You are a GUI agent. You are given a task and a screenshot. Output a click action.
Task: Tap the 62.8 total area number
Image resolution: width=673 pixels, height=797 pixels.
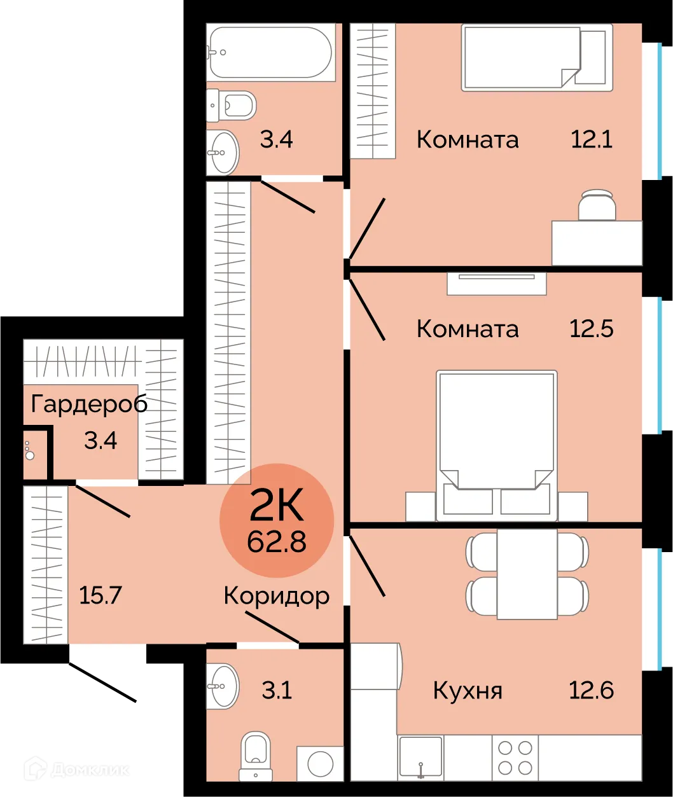click(277, 542)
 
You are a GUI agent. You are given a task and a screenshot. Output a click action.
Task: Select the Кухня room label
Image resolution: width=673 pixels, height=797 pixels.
click(468, 690)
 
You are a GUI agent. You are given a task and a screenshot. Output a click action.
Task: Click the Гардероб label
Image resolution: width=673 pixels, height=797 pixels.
click(89, 404)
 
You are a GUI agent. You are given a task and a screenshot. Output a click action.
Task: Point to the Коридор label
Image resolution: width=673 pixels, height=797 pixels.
click(277, 596)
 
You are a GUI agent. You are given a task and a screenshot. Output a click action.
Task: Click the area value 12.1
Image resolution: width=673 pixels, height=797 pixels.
click(592, 139)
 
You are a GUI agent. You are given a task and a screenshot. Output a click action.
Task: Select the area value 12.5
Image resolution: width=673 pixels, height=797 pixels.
click(592, 329)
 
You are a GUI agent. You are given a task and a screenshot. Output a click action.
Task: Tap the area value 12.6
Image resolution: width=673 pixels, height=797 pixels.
click(592, 690)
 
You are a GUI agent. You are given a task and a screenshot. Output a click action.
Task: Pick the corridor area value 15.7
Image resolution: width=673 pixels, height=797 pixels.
click(101, 596)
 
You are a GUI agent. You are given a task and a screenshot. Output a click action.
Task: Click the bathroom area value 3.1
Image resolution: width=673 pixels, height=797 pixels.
click(277, 690)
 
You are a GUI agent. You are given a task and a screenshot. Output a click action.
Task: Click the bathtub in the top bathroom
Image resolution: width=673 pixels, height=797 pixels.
click(270, 53)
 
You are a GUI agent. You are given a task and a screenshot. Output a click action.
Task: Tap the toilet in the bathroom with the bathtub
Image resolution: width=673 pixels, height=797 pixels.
click(232, 105)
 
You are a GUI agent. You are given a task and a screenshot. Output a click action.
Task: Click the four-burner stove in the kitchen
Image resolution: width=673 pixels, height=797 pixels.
click(515, 758)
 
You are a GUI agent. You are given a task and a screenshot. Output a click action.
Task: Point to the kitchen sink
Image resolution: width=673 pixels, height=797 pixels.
click(420, 756)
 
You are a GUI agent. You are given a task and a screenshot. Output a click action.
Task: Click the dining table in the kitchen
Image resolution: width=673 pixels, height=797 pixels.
click(527, 574)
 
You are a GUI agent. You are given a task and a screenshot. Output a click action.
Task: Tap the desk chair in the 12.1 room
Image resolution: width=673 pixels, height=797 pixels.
click(597, 205)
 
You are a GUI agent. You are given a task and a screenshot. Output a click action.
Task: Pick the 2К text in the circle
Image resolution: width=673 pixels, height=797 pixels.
click(277, 507)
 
